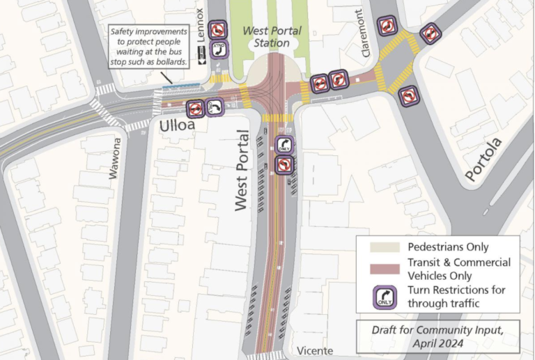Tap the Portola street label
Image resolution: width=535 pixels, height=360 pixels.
pos(483,159)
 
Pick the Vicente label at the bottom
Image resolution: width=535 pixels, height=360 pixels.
pos(315,351)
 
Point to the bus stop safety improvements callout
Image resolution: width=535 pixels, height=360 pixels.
pos(149,47)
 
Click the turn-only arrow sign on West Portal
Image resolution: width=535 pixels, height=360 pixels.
pos(284,145)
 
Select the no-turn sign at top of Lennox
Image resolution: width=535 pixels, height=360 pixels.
pos(218,30)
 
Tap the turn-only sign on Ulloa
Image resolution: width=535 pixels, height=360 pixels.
pos(215,109)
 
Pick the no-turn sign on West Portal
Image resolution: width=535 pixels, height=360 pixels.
pos(284,164)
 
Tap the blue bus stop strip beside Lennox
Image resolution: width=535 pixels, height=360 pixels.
pos(181,87)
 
